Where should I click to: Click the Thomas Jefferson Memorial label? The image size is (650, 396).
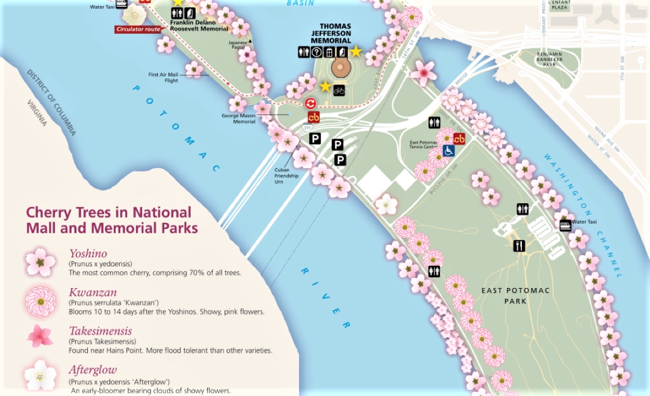tap(327, 33)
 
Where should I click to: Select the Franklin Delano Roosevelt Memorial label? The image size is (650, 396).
tap(199, 25)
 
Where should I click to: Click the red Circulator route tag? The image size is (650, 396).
tap(138, 29)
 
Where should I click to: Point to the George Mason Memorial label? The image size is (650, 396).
tap(239, 118)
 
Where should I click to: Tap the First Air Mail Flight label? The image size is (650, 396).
tap(163, 78)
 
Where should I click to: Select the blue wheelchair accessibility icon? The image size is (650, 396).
tap(448, 150)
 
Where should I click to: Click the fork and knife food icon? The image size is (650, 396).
tap(519, 245)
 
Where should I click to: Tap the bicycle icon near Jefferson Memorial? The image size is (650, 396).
tap(339, 90)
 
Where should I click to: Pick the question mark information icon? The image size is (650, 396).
tap(317, 52)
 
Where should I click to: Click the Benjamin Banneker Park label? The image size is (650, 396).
tap(549, 59)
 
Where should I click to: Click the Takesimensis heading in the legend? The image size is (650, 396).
tap(100, 331)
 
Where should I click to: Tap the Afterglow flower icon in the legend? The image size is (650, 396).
tap(40, 375)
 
